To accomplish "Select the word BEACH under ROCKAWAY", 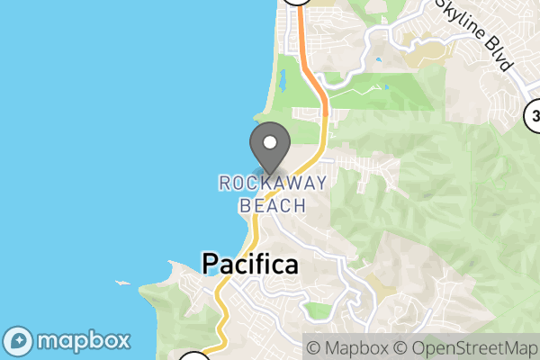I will pos(273,205).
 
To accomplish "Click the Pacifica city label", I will pos(249,265).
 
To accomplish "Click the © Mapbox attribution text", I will pos(347,347).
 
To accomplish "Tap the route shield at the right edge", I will pos(534,114).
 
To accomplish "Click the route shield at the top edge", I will pos(296,3).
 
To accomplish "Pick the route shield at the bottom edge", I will pos(193,357).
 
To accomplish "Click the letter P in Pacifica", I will pos(210,265).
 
